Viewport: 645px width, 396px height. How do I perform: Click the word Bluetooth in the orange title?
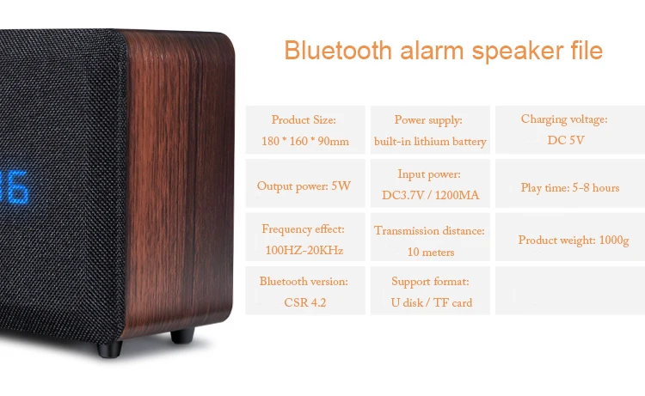tap(338, 51)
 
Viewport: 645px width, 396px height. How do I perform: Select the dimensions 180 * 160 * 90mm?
tap(305, 142)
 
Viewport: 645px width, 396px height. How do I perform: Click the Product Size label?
tap(304, 120)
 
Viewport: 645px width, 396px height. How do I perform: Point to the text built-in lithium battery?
tap(430, 142)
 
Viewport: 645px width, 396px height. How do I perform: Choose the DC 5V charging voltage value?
tap(566, 140)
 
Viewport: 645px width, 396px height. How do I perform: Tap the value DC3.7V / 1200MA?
tap(430, 195)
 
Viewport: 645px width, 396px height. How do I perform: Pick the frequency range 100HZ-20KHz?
tap(304, 250)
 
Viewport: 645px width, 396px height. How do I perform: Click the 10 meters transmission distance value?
tap(431, 252)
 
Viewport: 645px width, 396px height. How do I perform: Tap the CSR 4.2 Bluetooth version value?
tap(304, 302)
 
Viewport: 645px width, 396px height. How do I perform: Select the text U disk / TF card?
tap(432, 302)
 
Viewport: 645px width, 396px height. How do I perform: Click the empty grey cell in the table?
tap(570, 290)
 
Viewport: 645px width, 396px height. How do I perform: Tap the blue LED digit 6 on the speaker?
tap(18, 187)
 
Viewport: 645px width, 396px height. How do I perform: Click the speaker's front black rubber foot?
tap(109, 349)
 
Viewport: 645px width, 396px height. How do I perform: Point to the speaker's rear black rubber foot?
tap(182, 335)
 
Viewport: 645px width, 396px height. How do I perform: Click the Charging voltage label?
tap(564, 119)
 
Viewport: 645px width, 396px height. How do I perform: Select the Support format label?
tap(430, 282)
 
